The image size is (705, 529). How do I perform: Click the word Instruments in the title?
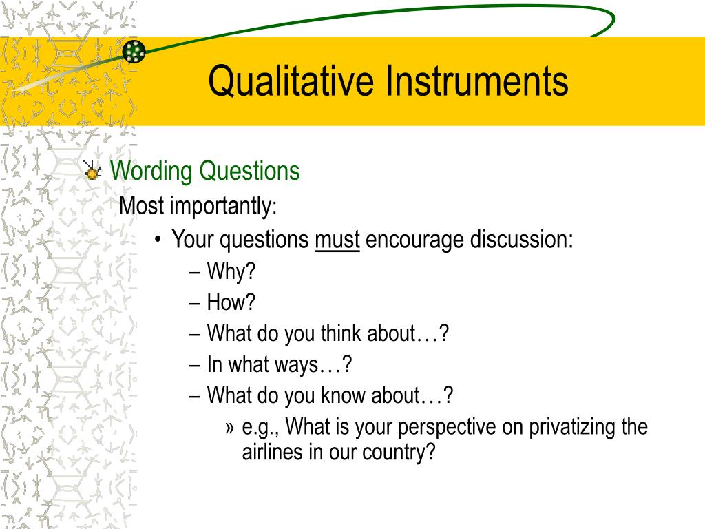(476, 81)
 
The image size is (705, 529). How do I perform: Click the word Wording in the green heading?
(152, 171)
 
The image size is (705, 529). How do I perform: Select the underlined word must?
(337, 240)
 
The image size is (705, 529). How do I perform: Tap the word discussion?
(522, 240)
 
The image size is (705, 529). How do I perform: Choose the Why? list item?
(231, 272)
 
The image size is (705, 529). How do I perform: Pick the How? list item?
(231, 302)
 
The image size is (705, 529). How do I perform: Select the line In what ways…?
(279, 364)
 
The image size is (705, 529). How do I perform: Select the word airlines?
(270, 453)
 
